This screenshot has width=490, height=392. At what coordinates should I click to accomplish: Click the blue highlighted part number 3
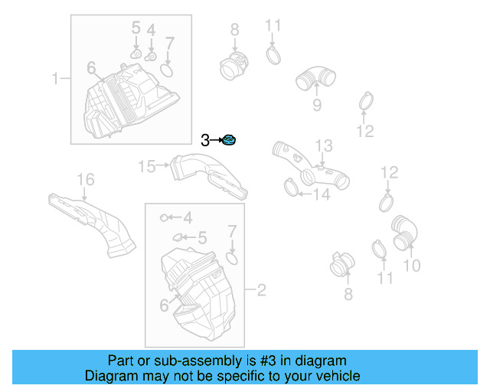228,139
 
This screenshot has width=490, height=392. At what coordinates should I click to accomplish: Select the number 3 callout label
204,139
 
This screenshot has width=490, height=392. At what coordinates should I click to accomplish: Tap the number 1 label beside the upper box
55,78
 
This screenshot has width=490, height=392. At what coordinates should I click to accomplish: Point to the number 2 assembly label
261,290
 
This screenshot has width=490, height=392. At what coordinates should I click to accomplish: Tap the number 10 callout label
411,266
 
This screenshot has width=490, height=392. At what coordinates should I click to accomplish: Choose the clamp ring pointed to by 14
290,185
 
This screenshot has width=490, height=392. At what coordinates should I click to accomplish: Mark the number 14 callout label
320,194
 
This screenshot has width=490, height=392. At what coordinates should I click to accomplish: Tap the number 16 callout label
85,180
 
